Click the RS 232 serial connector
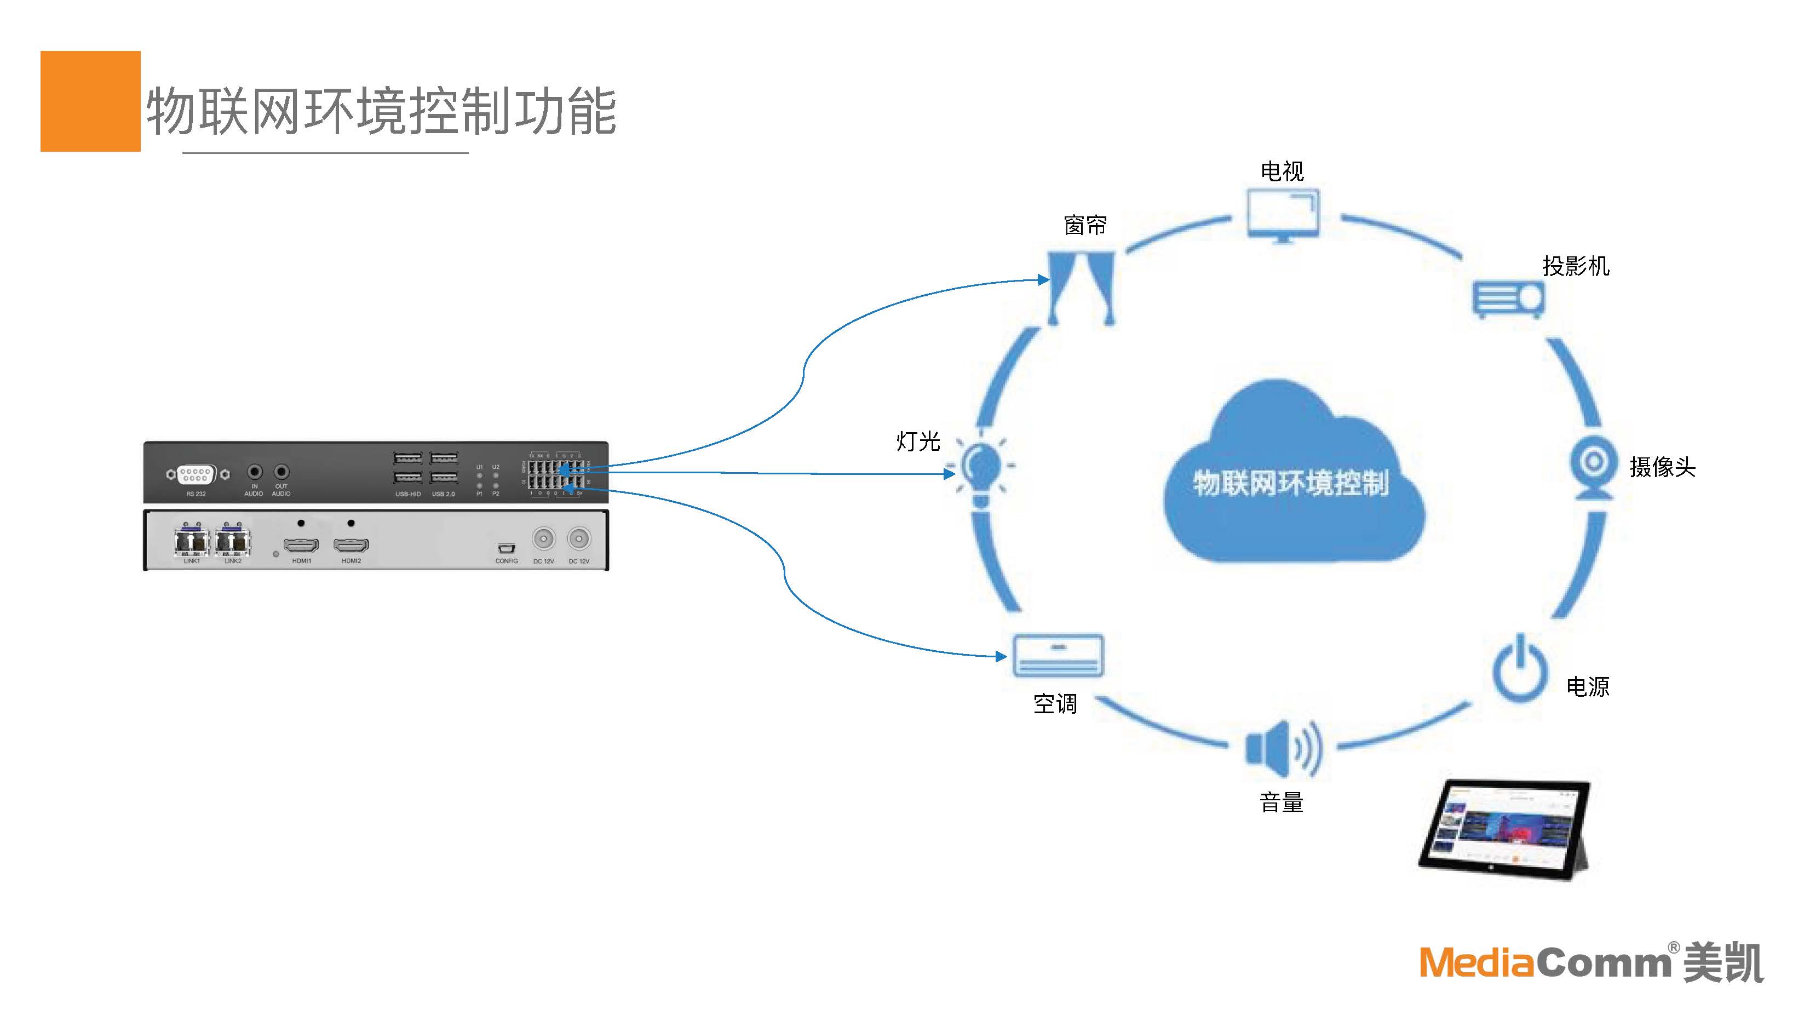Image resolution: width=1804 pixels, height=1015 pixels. pyautogui.click(x=196, y=474)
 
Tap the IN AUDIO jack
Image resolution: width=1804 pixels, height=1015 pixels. pyautogui.click(x=255, y=472)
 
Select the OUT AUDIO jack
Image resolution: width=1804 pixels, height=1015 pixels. pyautogui.click(x=281, y=472)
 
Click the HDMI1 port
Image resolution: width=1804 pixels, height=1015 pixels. pyautogui.click(x=301, y=544)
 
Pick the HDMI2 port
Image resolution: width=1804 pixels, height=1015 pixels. pyautogui.click(x=351, y=544)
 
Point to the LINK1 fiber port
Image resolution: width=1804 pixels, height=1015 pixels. pyautogui.click(x=191, y=541)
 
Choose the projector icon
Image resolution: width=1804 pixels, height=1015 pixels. pyautogui.click(x=1508, y=299)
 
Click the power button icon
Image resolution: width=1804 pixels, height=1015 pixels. pyautogui.click(x=1520, y=669)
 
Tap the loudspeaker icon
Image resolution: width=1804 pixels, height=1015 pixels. pyautogui.click(x=1283, y=748)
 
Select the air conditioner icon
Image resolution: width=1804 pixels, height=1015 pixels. pyautogui.click(x=1058, y=656)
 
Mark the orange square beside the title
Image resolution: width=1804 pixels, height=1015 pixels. pyautogui.click(x=90, y=101)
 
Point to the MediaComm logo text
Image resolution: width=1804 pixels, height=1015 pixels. pyautogui.click(x=1545, y=962)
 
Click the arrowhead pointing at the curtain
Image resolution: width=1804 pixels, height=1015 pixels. pyautogui.click(x=1043, y=279)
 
